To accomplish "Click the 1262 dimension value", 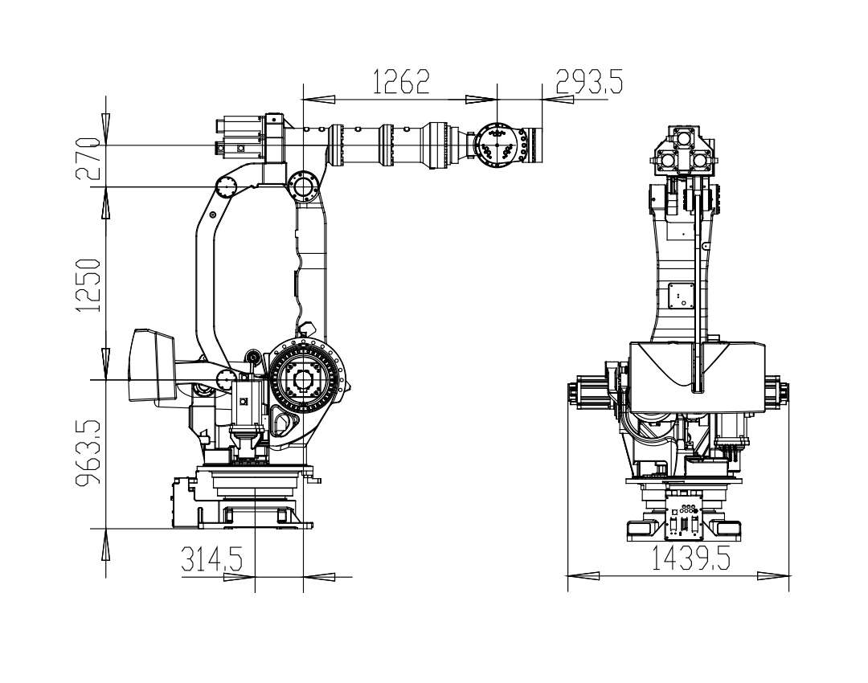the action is pyautogui.click(x=401, y=82).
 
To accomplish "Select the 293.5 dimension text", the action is pyautogui.click(x=589, y=82).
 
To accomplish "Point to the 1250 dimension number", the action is pyautogui.click(x=88, y=285).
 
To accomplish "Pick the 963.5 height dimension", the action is pyautogui.click(x=88, y=453).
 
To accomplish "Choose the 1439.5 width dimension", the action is pyautogui.click(x=690, y=558).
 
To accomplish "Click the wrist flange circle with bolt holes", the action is pyautogui.click(x=497, y=144).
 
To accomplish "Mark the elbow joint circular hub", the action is pyautogui.click(x=302, y=186).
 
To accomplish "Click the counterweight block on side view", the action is pyautogui.click(x=152, y=365).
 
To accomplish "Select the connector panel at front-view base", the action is pyautogui.click(x=684, y=517).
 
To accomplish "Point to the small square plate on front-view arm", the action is pyautogui.click(x=682, y=297).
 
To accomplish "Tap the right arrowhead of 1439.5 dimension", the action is pyautogui.click(x=773, y=575).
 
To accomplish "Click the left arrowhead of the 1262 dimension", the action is pyautogui.click(x=319, y=100).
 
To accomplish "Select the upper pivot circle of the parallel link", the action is pyautogui.click(x=226, y=187).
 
